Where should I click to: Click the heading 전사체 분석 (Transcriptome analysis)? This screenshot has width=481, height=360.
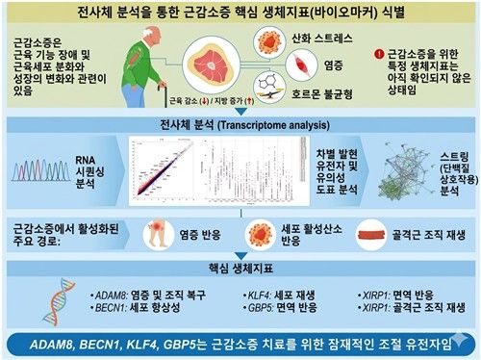point(240,125)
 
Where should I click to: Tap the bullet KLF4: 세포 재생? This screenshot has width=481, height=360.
point(274,290)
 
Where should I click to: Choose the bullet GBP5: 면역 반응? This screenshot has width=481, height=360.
point(274,307)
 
